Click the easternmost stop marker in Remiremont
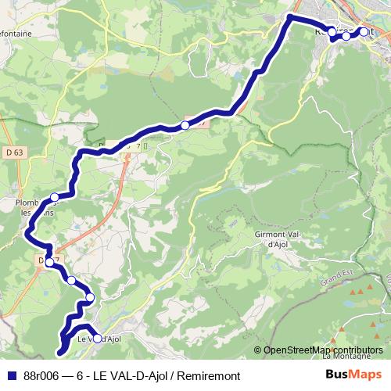coord(364,32)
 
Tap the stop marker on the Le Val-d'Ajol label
coord(98,339)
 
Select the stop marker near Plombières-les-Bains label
coord(54,197)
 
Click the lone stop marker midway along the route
coord(185,125)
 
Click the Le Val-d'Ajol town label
coord(99,339)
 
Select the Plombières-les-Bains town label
coord(35,206)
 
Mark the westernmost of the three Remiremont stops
coord(331,32)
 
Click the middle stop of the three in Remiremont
coord(346,36)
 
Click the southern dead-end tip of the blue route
coord(60,353)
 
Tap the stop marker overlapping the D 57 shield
coord(48,261)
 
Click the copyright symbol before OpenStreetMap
coord(258,350)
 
